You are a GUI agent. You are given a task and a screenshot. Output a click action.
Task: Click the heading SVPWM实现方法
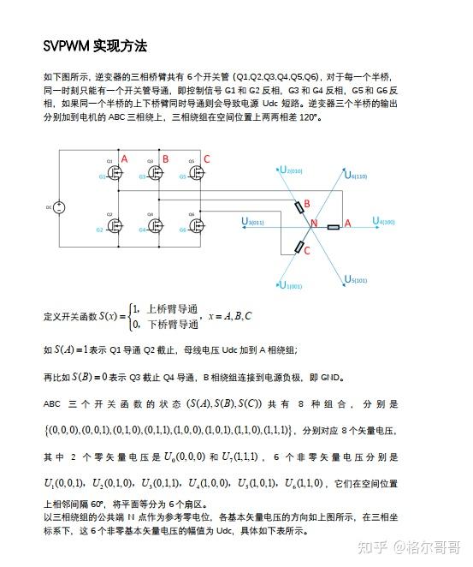click(x=96, y=45)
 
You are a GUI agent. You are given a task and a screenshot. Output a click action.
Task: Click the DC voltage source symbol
click(x=59, y=206)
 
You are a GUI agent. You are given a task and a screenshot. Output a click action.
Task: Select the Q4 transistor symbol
click(x=154, y=226)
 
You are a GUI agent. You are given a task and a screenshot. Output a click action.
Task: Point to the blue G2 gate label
click(x=99, y=230)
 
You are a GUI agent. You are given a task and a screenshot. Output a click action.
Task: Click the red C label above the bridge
click(x=206, y=159)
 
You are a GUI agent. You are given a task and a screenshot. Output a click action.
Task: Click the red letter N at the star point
click(x=313, y=225)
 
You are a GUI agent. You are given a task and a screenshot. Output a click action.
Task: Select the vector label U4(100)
click(x=383, y=222)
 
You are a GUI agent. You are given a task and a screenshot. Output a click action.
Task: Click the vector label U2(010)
click(x=291, y=170)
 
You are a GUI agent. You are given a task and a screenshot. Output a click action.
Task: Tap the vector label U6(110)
click(x=354, y=176)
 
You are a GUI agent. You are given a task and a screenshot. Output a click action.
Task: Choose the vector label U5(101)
click(x=354, y=279)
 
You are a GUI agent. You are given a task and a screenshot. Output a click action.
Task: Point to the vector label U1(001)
click(x=291, y=286)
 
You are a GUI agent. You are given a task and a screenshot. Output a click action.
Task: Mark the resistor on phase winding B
click(x=300, y=207)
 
